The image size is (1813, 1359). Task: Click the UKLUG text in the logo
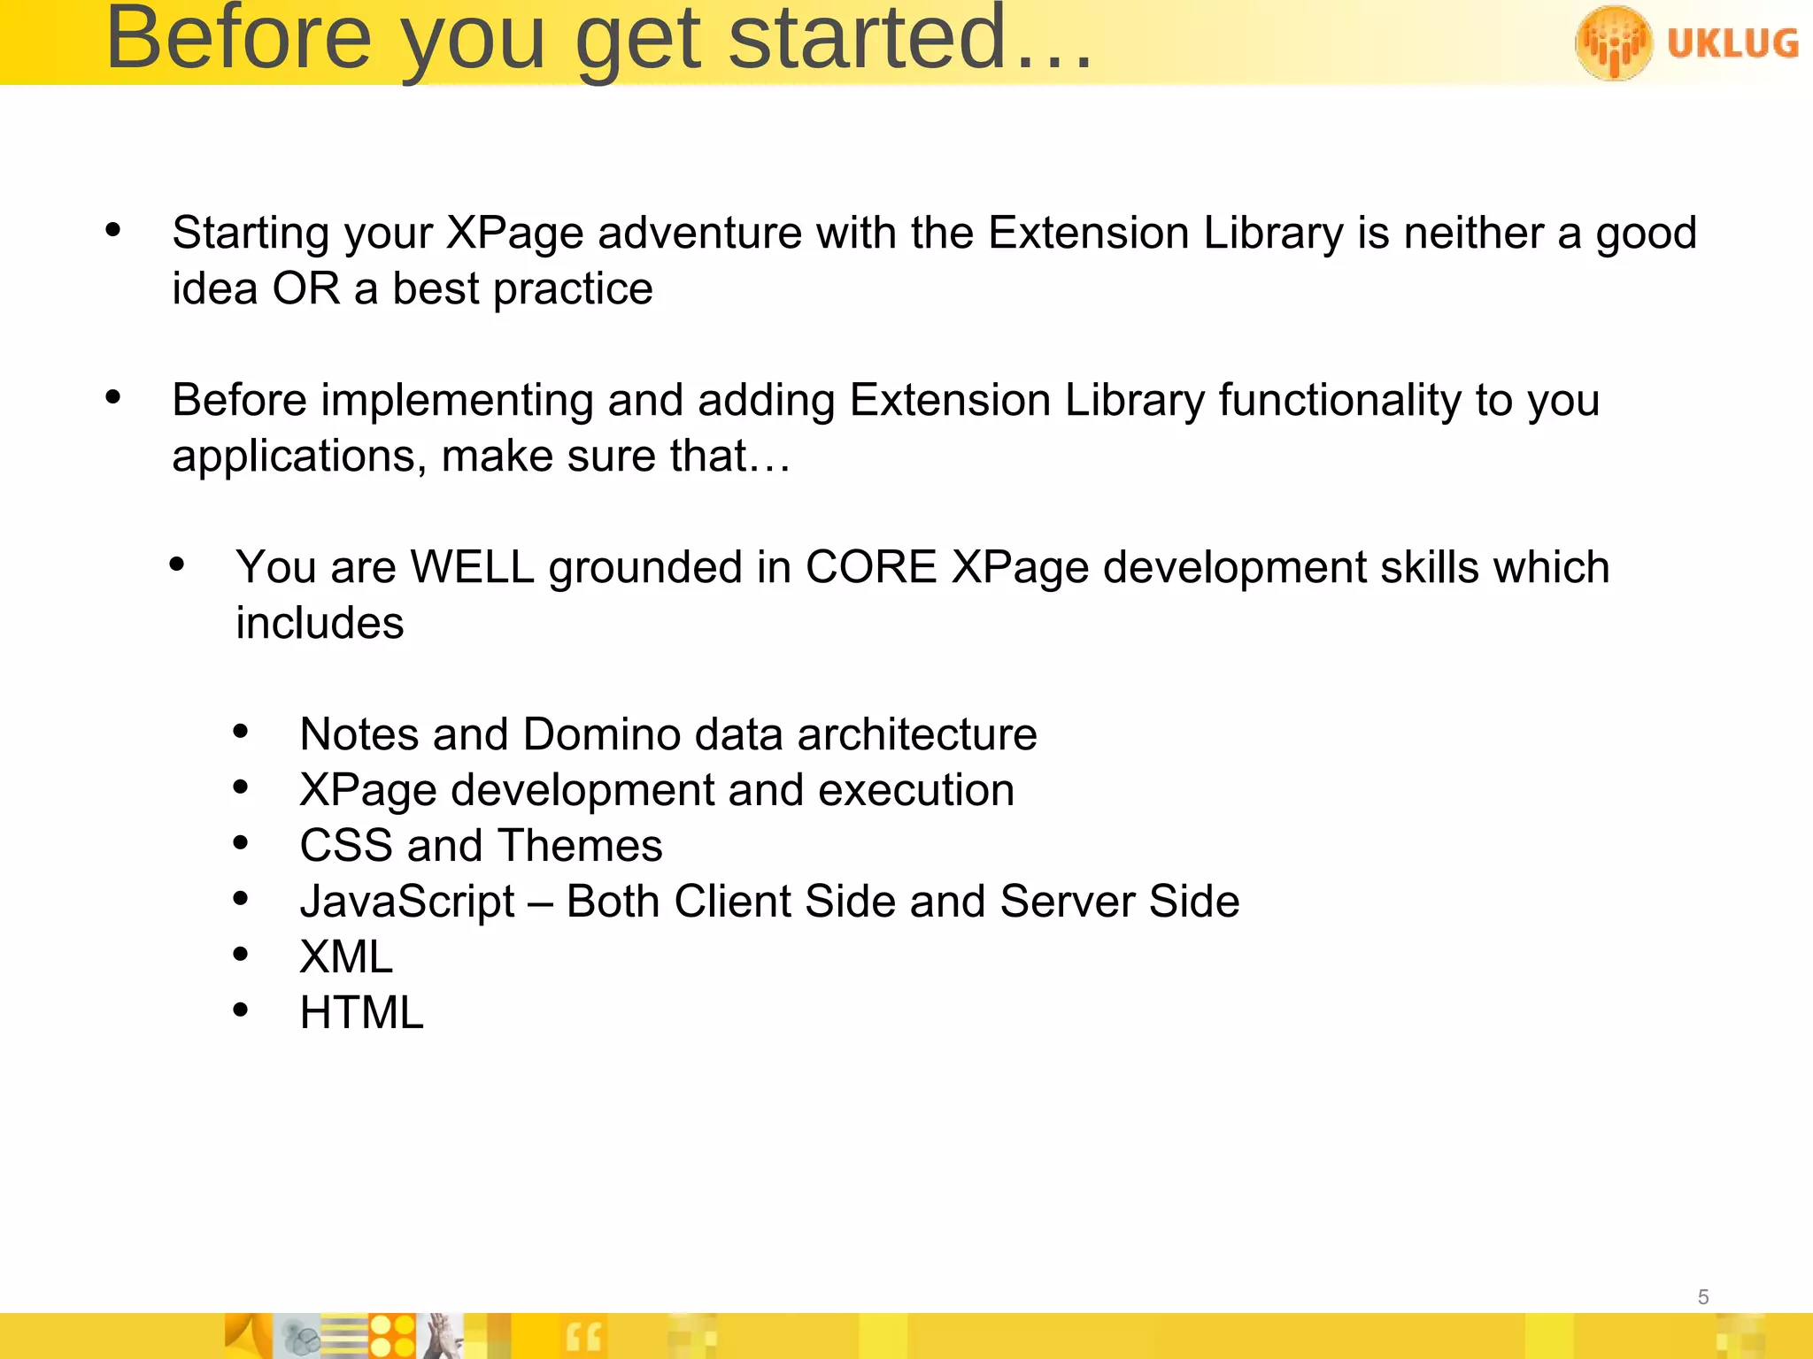click(1732, 43)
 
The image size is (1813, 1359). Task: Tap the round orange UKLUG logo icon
click(1613, 42)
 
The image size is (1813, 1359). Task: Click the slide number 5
click(1702, 1297)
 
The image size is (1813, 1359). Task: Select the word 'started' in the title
click(868, 39)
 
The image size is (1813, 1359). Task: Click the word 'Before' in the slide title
click(238, 39)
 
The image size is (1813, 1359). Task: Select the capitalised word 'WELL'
click(473, 568)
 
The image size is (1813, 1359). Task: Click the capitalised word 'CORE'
click(871, 568)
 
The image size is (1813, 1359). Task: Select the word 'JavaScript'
click(407, 902)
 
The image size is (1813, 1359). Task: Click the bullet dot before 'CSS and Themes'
click(241, 843)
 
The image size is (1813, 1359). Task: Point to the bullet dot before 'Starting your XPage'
click(112, 230)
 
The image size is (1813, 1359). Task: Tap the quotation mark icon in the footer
click(583, 1337)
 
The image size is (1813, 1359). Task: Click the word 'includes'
click(320, 624)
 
